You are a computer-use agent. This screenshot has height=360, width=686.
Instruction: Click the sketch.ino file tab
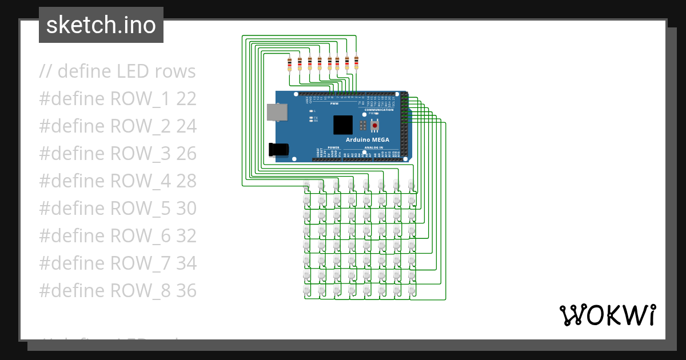click(x=101, y=25)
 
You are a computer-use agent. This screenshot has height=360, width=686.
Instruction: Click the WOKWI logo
click(x=607, y=315)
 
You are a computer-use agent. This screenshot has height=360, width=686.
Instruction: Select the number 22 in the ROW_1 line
click(x=186, y=99)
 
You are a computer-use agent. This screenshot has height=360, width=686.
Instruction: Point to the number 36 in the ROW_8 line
click(x=186, y=291)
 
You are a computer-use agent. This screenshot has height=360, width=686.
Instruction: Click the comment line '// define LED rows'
click(x=117, y=71)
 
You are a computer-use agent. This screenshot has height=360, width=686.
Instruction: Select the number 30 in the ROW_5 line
click(x=186, y=209)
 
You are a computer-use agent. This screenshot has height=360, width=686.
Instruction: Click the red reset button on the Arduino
click(x=375, y=125)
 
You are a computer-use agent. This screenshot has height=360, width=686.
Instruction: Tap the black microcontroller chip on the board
click(x=343, y=125)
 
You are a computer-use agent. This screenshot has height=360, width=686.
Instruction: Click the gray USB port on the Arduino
click(x=277, y=112)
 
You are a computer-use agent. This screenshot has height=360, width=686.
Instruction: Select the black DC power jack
click(x=278, y=149)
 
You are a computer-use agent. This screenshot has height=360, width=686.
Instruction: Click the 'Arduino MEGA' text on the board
click(x=367, y=139)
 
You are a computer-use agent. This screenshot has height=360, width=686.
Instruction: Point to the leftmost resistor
click(x=290, y=63)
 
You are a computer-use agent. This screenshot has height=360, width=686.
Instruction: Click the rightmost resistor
click(x=356, y=62)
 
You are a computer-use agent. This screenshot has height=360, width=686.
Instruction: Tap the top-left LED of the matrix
click(x=306, y=185)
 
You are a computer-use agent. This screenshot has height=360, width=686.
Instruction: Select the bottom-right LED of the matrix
click(x=410, y=290)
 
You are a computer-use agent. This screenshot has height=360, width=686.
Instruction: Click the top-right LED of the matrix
click(x=410, y=185)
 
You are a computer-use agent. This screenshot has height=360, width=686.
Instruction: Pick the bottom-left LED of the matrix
click(x=306, y=290)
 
